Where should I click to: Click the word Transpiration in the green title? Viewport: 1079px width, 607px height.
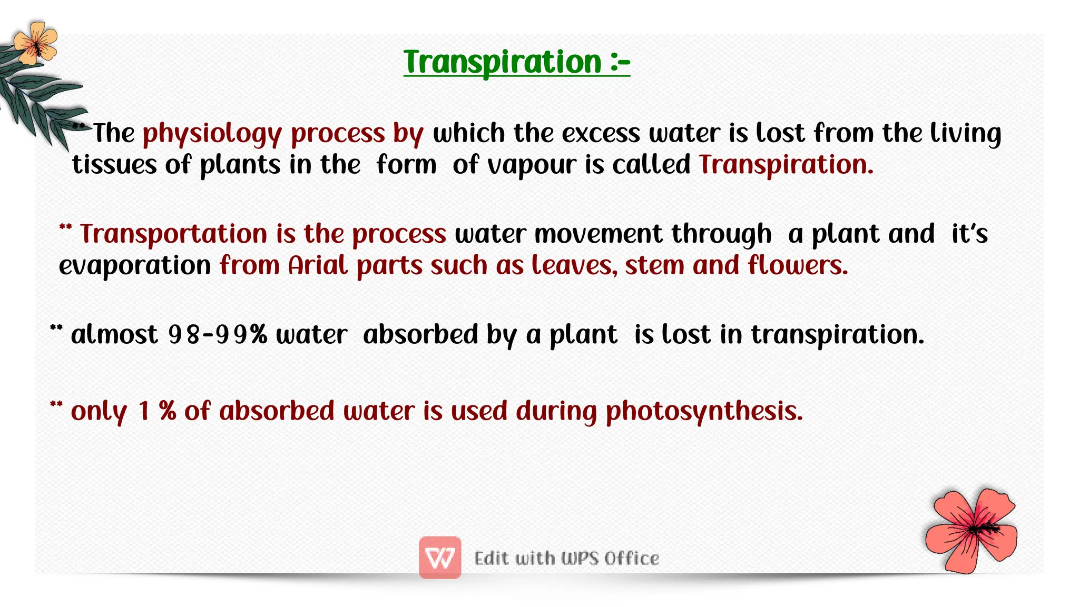coord(502,63)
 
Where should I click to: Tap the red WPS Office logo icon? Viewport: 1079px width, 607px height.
coord(440,558)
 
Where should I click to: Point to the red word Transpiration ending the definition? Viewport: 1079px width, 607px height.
coord(786,165)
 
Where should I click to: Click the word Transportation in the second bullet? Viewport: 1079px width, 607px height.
coord(173,234)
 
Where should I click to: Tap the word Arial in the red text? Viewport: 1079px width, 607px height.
coord(318,265)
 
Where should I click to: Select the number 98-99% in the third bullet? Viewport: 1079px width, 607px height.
coord(217,335)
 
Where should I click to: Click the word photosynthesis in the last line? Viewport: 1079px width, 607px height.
coord(704,412)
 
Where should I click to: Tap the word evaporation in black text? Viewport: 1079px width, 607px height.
coord(135,265)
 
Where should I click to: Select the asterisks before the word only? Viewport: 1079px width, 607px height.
coord(56,405)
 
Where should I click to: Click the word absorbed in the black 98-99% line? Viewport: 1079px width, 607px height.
coord(420,335)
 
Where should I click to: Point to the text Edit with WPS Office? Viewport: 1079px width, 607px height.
coord(566,558)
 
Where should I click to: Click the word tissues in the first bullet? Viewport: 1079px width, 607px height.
coord(114,165)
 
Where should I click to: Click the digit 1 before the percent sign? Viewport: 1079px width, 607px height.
coord(144,412)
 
